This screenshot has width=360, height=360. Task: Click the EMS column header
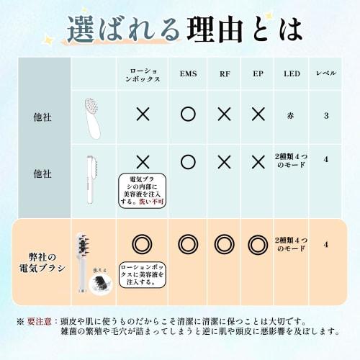pyautogui.click(x=188, y=74)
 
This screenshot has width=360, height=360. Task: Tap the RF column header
pyautogui.click(x=225, y=74)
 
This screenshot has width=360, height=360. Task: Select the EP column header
pyautogui.click(x=258, y=74)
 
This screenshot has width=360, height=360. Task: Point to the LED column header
pyautogui.click(x=292, y=74)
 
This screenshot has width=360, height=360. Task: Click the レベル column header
pyautogui.click(x=325, y=74)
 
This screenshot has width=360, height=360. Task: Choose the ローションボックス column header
pyautogui.click(x=143, y=74)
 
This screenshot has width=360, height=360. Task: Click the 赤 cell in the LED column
pyautogui.click(x=292, y=114)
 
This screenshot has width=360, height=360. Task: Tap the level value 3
pyautogui.click(x=325, y=114)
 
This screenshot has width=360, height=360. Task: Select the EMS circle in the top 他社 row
pyautogui.click(x=188, y=114)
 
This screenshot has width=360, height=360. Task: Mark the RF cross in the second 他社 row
pyautogui.click(x=225, y=162)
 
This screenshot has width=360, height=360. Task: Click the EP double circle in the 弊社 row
pyautogui.click(x=258, y=244)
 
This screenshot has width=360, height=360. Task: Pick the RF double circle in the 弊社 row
pyautogui.click(x=225, y=244)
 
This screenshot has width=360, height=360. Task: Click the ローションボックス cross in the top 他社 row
pyautogui.click(x=143, y=114)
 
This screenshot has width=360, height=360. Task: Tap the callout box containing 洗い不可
pyautogui.click(x=143, y=190)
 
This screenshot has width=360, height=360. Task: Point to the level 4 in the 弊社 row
pyautogui.click(x=325, y=244)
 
